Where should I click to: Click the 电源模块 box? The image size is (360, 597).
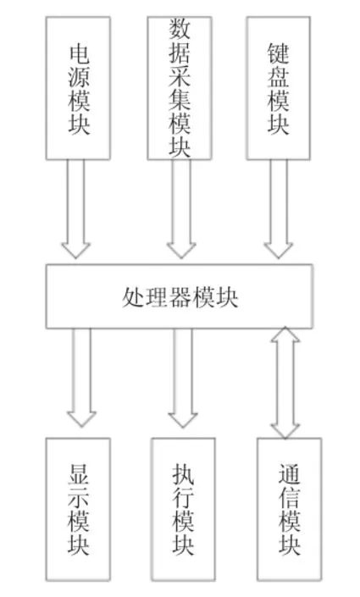click(x=78, y=88)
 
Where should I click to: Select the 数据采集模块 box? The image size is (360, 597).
click(x=180, y=88)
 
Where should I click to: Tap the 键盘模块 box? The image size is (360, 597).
click(x=279, y=88)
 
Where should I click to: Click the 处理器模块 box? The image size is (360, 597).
click(x=180, y=296)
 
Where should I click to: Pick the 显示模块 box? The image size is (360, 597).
click(x=78, y=510)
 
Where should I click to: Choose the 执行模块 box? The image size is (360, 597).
click(x=183, y=510)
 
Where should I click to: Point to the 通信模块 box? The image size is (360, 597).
click(x=290, y=510)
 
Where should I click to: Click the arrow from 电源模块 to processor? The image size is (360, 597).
click(x=75, y=209)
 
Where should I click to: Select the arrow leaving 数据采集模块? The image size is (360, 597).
click(x=181, y=209)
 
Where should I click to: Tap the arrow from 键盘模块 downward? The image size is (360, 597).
click(x=279, y=209)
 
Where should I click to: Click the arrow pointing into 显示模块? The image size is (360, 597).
click(x=81, y=378)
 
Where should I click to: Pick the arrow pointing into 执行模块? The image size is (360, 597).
click(x=183, y=378)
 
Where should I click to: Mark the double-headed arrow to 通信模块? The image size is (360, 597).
click(x=285, y=383)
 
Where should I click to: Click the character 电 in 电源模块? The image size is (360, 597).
click(x=80, y=53)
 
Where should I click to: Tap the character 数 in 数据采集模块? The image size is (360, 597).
click(x=180, y=29)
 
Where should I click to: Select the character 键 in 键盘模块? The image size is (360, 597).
click(x=279, y=53)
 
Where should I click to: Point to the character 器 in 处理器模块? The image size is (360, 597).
click(x=180, y=297)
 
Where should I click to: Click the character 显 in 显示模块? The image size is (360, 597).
click(x=79, y=474)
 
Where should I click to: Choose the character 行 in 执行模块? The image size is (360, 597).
click(x=183, y=498)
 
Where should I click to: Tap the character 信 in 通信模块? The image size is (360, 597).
click(x=290, y=498)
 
